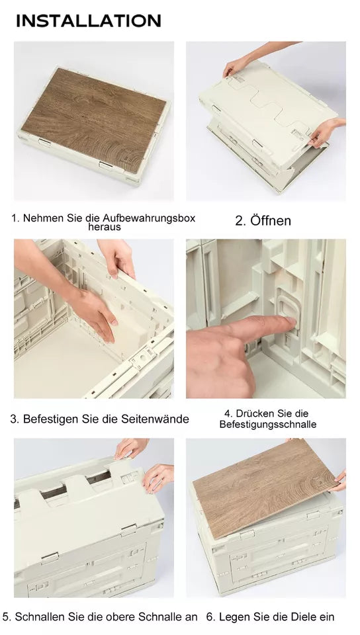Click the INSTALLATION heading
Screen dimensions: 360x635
click(x=88, y=21)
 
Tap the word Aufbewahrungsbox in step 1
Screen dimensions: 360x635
click(x=149, y=218)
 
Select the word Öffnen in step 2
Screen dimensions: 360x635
click(x=271, y=221)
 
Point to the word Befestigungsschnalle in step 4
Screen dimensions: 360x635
click(x=267, y=425)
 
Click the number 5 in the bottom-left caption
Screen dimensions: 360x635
click(x=6, y=617)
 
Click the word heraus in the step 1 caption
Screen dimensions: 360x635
click(x=105, y=227)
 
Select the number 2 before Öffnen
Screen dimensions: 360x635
click(x=240, y=221)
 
